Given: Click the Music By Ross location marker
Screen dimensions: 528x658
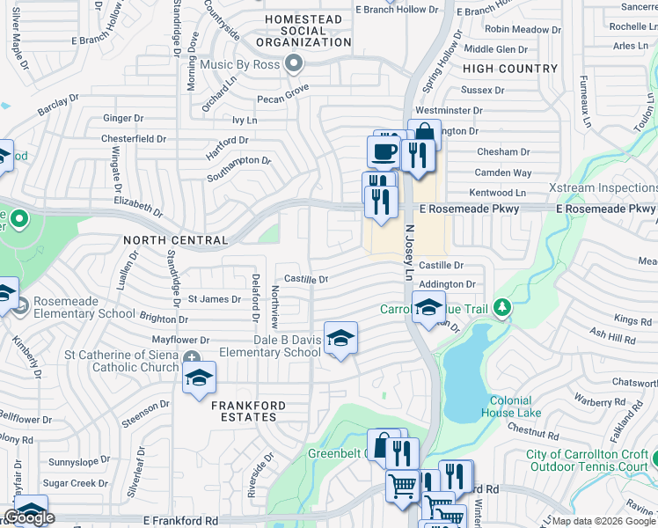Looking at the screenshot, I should pyautogui.click(x=294, y=64).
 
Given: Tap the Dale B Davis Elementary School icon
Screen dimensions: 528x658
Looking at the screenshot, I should pyautogui.click(x=340, y=337).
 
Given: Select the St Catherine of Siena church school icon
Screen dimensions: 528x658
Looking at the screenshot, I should pyautogui.click(x=199, y=378).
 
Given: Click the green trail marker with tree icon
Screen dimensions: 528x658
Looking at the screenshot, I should pyautogui.click(x=502, y=307).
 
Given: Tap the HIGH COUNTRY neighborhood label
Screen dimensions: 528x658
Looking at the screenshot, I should pyautogui.click(x=509, y=69).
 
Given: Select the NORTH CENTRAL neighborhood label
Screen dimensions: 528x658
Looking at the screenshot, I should pyautogui.click(x=176, y=240).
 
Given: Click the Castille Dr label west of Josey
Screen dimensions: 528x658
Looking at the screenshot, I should pyautogui.click(x=305, y=279).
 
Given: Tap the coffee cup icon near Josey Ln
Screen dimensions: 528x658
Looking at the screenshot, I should pyautogui.click(x=383, y=150).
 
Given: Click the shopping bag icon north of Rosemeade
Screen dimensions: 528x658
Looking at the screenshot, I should pyautogui.click(x=424, y=134).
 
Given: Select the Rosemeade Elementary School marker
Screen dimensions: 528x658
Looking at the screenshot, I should pyautogui.click(x=18, y=305).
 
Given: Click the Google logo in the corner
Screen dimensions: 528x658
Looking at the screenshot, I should pyautogui.click(x=29, y=518).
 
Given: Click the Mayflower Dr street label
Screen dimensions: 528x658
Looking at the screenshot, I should pyautogui.click(x=180, y=340).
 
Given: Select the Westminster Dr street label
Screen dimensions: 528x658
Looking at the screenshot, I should pyautogui.click(x=449, y=111).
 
